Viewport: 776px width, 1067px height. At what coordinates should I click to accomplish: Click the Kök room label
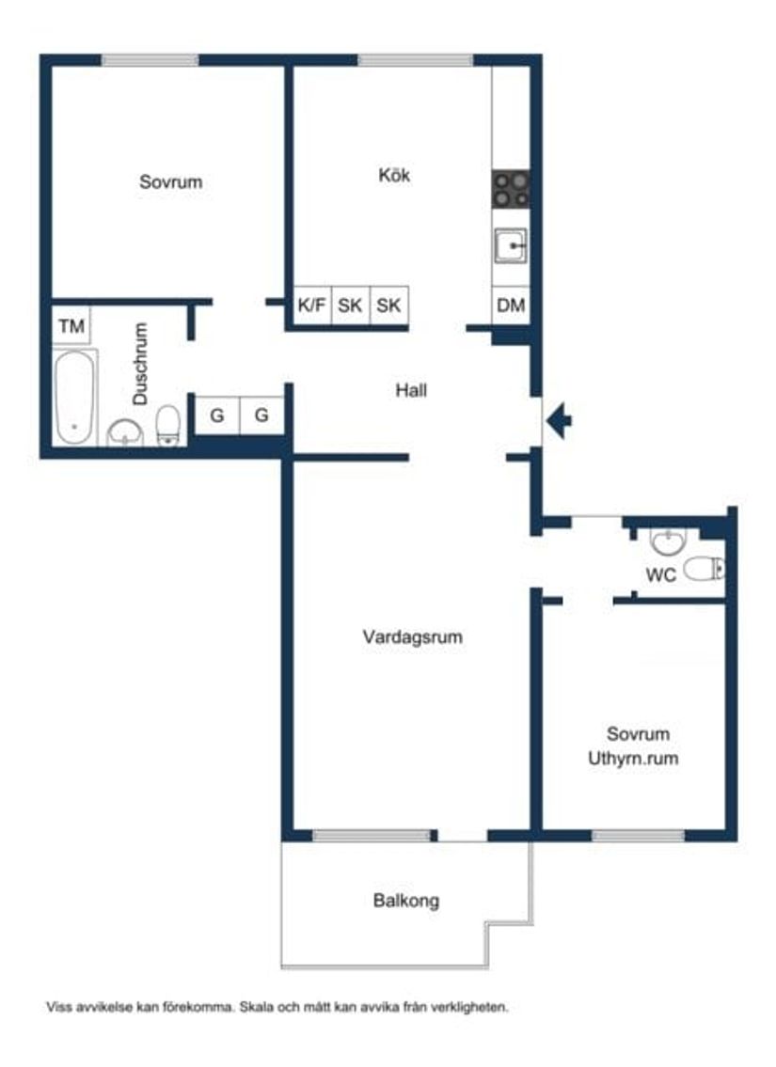394,175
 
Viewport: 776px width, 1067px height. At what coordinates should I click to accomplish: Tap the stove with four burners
511,189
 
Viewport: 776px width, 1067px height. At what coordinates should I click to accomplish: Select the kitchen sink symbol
511,246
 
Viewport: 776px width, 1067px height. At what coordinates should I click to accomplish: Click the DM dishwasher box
511,306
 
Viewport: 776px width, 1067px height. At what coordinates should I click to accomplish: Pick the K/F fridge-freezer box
312,306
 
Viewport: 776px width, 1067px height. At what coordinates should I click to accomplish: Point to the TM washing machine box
71,327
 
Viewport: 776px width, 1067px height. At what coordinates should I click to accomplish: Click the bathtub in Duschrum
73,397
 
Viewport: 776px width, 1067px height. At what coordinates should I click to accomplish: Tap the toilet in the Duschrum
168,425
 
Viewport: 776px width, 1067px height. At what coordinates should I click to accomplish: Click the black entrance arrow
559,420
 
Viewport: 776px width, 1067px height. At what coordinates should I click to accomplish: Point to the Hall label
411,389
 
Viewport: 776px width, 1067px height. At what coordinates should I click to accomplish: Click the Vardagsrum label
412,637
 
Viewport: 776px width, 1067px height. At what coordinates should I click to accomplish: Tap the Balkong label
405,901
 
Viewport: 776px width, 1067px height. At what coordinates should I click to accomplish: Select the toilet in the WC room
704,568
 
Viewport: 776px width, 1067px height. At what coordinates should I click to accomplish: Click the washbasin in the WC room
668,542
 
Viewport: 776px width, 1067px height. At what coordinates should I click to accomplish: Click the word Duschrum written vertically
141,364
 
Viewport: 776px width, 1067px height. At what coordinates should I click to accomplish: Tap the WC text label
660,576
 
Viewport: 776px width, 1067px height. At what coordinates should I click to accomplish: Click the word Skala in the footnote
257,1007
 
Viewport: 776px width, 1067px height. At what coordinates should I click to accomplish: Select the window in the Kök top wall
415,60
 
